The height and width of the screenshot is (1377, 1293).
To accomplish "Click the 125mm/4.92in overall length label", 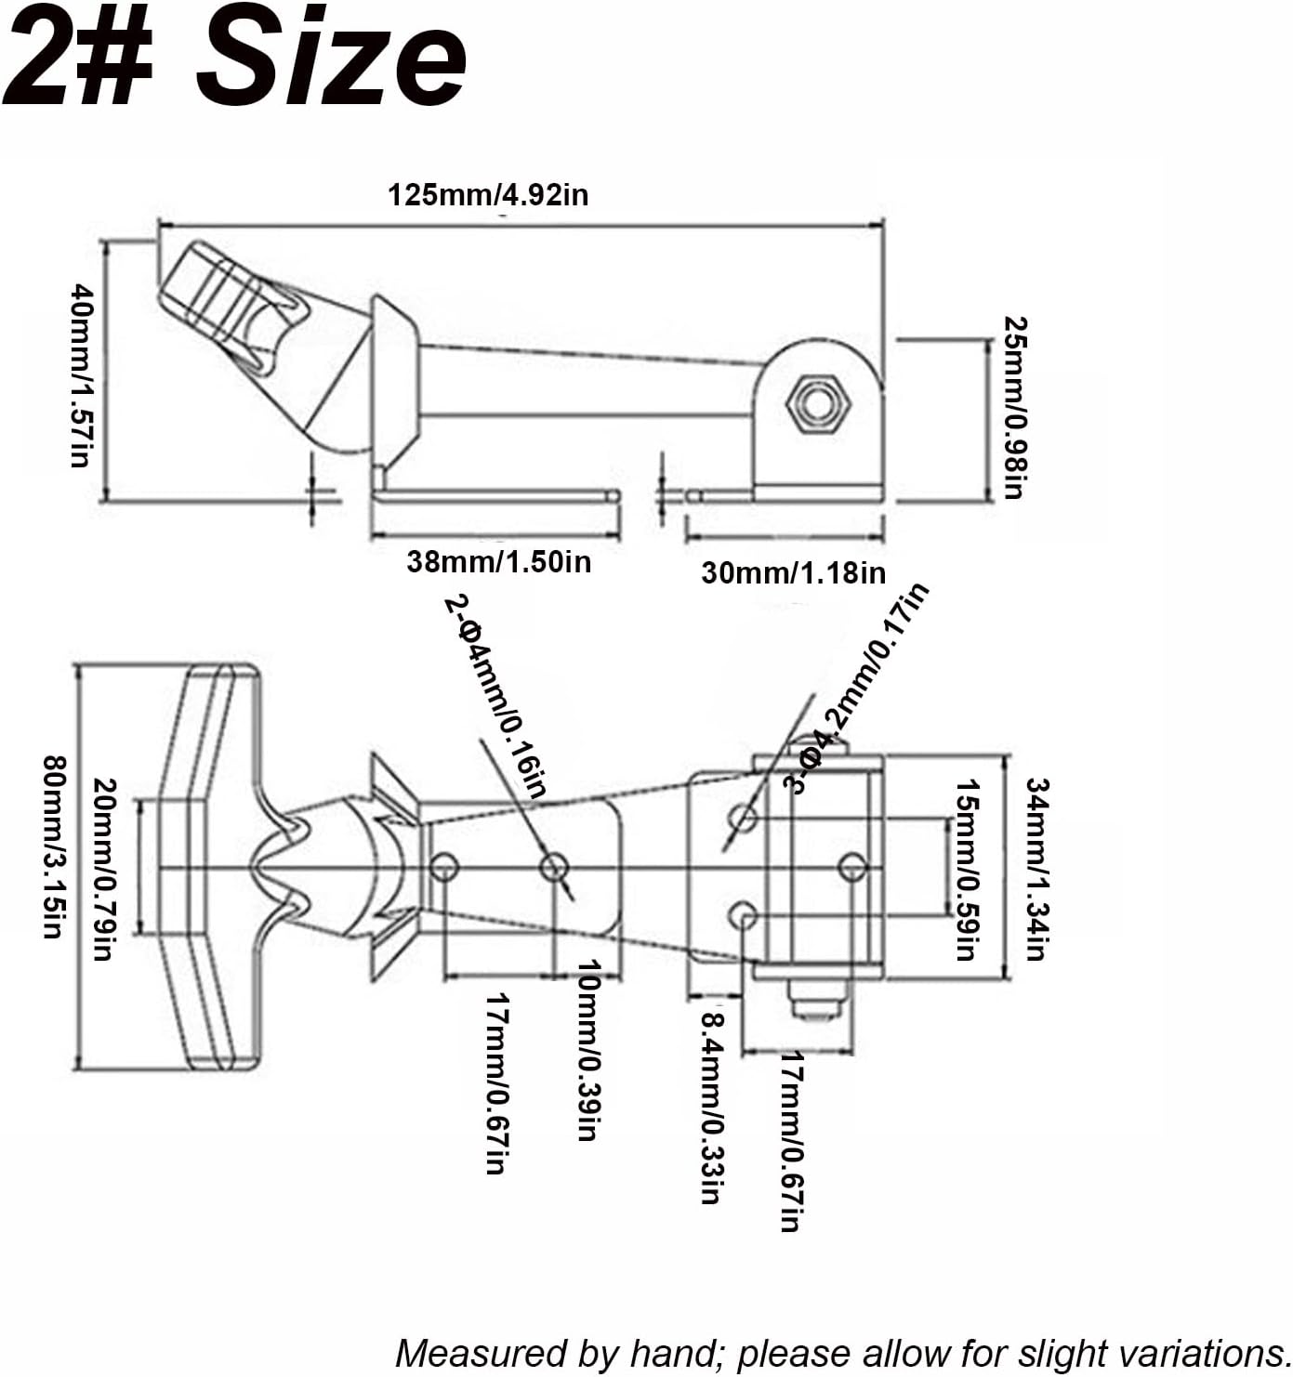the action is [488, 195].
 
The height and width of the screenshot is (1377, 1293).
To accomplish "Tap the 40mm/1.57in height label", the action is [82, 375].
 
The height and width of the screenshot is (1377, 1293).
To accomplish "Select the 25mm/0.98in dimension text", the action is [1015, 408].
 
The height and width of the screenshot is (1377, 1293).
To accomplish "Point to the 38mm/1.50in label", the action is [499, 561].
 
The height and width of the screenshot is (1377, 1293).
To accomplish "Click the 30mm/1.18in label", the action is [794, 573].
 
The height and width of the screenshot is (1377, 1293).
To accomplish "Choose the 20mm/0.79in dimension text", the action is [104, 869].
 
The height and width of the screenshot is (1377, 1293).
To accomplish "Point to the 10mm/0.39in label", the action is [589, 1049].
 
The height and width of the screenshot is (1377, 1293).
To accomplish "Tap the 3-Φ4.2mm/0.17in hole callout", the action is [855, 688].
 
